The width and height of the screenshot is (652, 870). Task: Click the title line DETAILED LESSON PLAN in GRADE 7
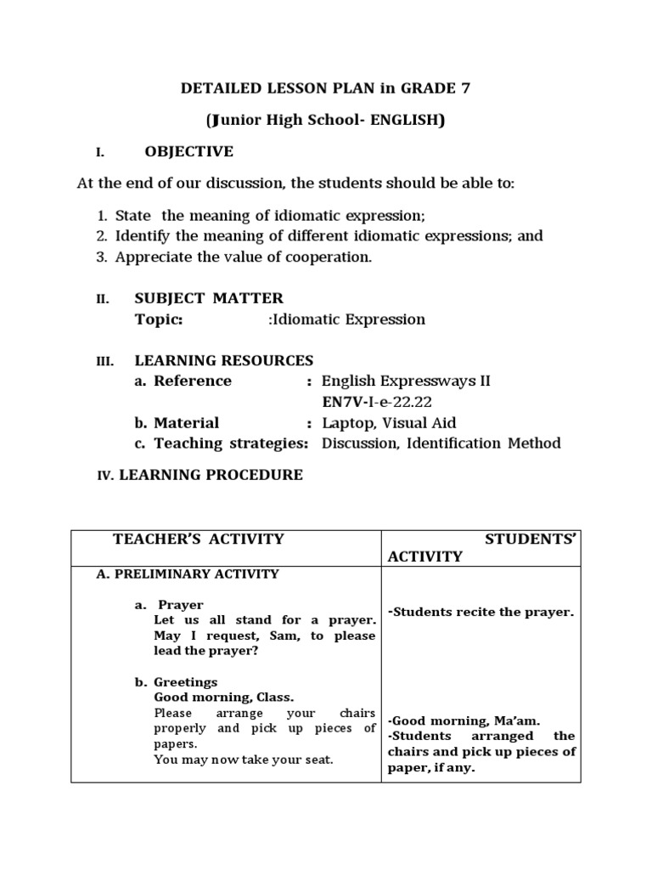326,88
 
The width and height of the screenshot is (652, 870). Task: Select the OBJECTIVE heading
188,152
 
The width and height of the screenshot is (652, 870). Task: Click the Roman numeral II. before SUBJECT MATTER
103,299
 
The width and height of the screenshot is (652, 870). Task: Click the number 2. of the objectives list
101,236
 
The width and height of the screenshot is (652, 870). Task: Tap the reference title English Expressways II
406,381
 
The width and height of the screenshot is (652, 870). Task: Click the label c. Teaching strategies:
221,443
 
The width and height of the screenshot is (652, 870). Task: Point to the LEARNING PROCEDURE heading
211,475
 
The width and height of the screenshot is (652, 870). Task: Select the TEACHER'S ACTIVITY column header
199,539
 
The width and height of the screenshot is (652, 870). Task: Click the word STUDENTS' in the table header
531,539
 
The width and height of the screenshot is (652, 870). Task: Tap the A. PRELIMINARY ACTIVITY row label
188,574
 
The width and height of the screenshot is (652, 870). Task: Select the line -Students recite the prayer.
481,612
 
